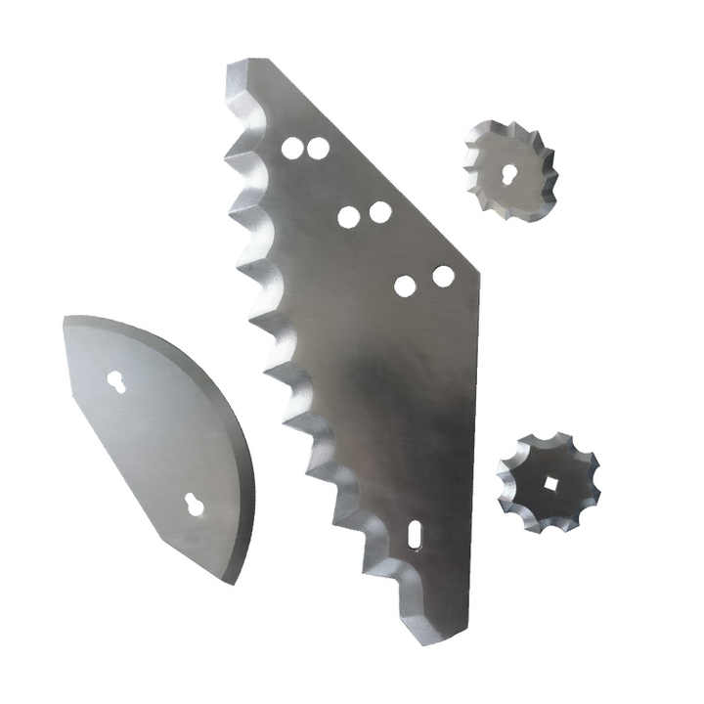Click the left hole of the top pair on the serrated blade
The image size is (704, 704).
click(x=292, y=149)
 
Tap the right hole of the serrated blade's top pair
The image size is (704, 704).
click(x=318, y=149)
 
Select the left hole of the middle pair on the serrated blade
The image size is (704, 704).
click(x=349, y=217)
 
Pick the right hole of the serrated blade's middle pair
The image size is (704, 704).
click(x=380, y=211)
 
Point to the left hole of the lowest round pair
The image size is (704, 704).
click(x=405, y=286)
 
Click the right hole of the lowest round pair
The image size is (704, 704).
click(x=443, y=277)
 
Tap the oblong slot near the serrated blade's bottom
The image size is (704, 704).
click(x=415, y=534)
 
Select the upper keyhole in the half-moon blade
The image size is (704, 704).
click(x=116, y=382)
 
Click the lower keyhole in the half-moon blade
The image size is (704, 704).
click(x=195, y=504)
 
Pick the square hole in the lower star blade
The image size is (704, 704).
click(x=550, y=483)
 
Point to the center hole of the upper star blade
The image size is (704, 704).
click(x=509, y=173)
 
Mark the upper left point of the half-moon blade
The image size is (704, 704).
click(x=66, y=317)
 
